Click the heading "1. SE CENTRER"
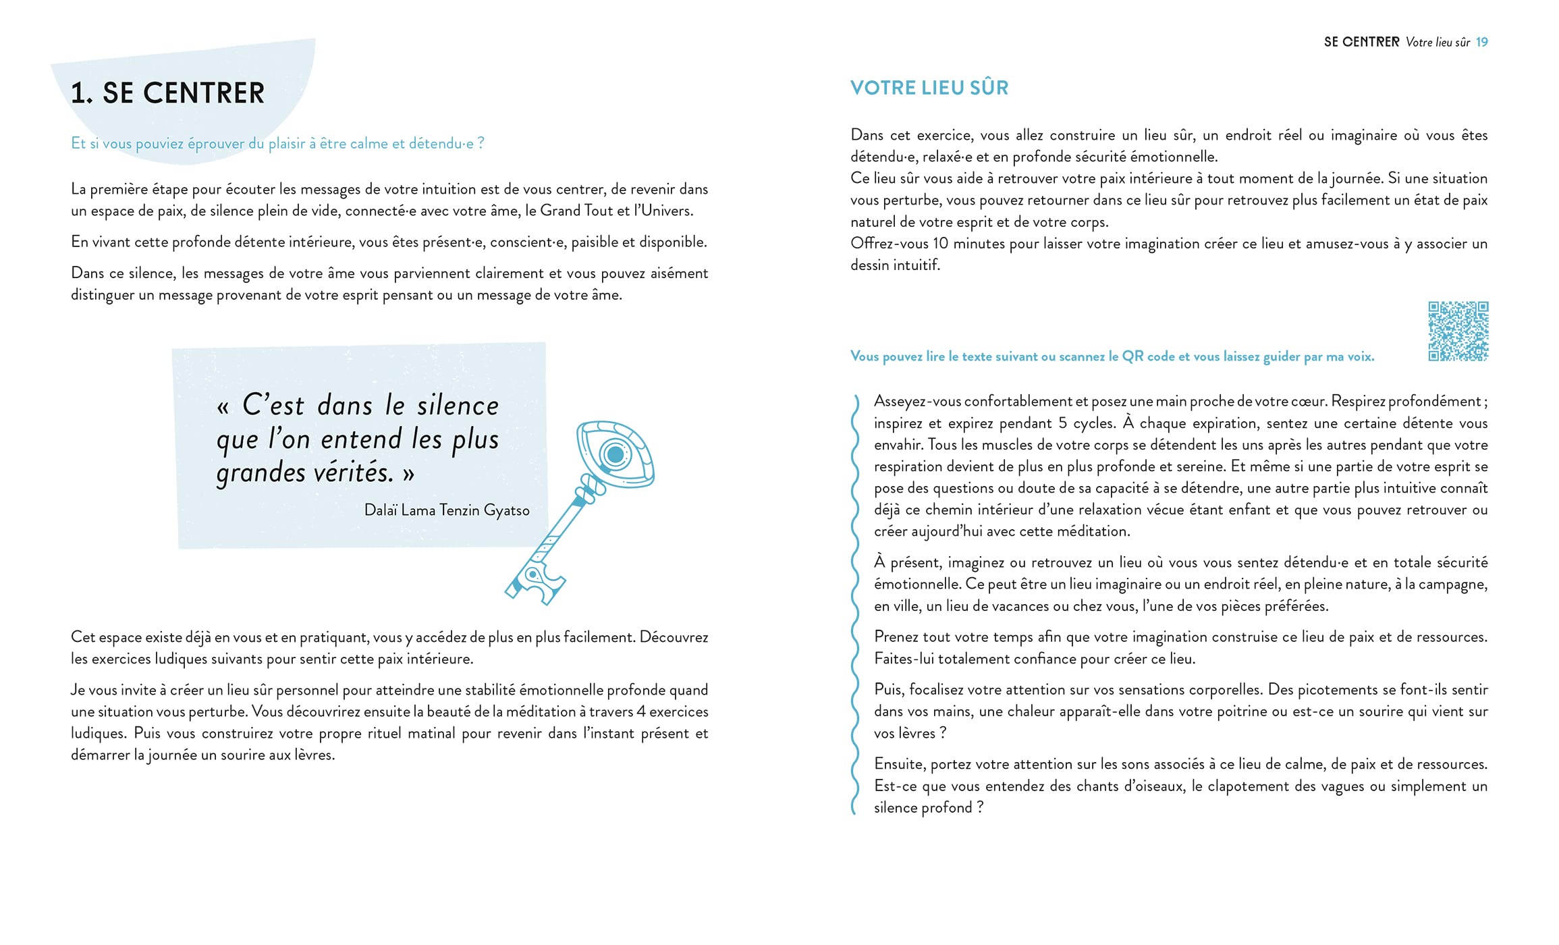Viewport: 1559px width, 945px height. [167, 93]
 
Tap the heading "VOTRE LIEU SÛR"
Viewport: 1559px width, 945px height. [929, 88]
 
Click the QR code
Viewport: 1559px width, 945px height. [1458, 331]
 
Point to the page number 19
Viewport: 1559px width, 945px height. [1481, 42]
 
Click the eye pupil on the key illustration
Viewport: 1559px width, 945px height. [615, 454]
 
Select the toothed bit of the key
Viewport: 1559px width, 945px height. [537, 584]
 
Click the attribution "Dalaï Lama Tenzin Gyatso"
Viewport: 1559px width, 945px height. [446, 510]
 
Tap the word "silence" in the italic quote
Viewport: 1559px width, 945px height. [458, 406]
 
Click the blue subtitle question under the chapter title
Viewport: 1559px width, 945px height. [277, 144]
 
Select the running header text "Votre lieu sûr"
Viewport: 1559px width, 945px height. [1438, 42]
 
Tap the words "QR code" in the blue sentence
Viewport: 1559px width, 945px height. [1147, 356]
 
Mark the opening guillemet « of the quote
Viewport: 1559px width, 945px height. [223, 407]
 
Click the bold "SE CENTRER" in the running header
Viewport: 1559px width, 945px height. [1361, 42]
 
